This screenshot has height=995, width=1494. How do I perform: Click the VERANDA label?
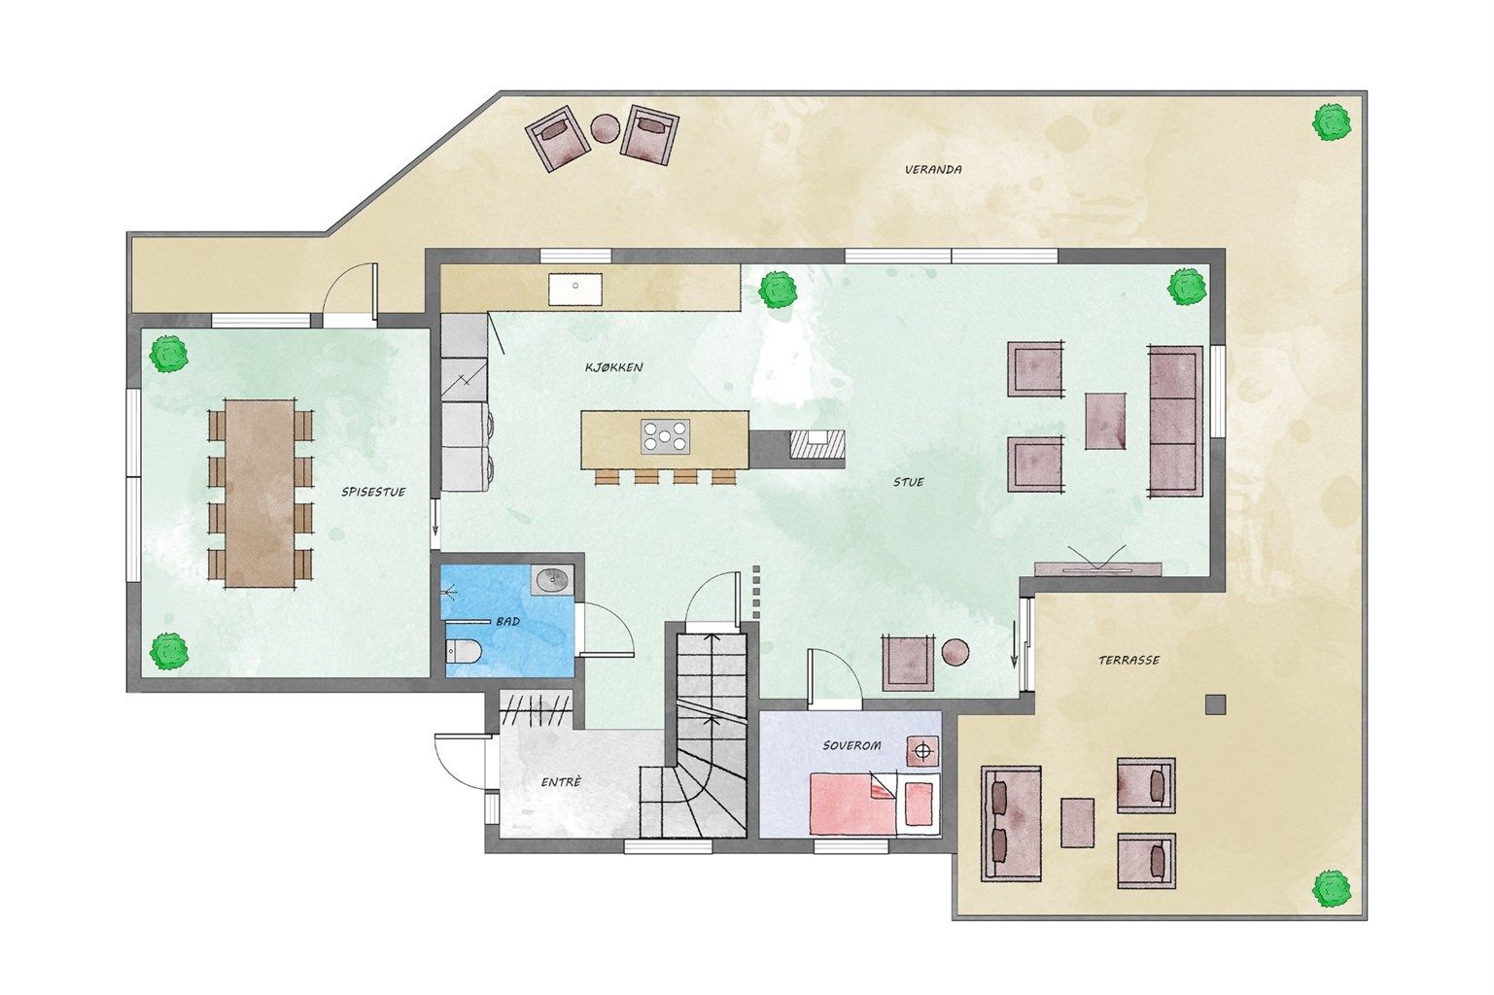point(933,169)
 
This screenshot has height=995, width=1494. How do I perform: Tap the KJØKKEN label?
point(613,367)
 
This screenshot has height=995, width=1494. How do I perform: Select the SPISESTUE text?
point(373,493)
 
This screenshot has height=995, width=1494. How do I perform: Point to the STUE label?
point(909,482)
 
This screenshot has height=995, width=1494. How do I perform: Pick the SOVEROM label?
point(851,745)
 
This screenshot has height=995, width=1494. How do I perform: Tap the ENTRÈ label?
point(561,781)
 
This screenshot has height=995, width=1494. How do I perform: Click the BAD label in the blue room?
point(507,622)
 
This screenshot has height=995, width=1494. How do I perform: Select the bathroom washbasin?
point(553,580)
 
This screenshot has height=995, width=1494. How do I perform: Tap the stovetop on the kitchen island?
point(665,437)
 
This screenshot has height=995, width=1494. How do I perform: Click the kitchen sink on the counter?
point(574,289)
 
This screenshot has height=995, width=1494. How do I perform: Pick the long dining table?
point(261,494)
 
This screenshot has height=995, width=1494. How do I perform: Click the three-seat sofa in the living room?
point(1175,420)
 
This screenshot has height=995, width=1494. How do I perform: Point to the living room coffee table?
point(1105,421)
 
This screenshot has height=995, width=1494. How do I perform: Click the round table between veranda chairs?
point(607,128)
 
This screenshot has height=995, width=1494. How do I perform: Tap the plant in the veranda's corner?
point(1332,122)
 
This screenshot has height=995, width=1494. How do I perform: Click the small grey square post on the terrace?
point(1215,704)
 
